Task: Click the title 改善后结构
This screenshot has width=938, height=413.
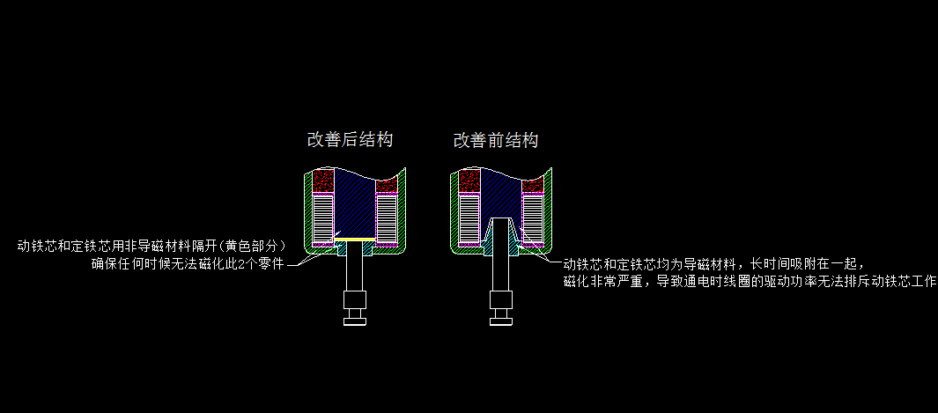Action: pos(349,140)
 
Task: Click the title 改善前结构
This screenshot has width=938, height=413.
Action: pos(495,141)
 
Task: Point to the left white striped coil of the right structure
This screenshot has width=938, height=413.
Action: pos(469,219)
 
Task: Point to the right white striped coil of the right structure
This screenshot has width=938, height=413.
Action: pos(532,219)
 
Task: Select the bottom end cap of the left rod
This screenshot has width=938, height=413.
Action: pos(354,320)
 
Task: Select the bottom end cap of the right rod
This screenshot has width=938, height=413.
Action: pos(500,319)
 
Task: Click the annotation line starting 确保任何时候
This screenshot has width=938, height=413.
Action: pos(188,263)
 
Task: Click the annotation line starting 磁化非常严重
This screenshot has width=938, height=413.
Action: pos(749,282)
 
